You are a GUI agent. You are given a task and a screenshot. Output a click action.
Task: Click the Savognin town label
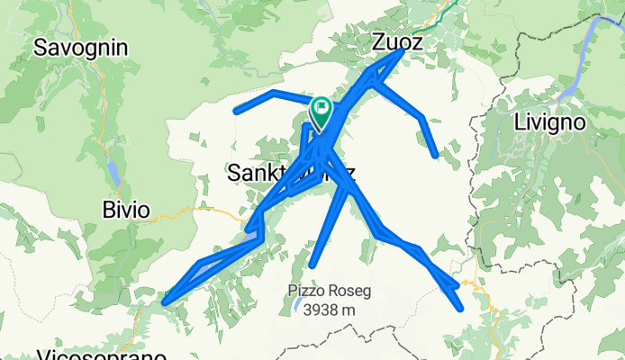point(81,47)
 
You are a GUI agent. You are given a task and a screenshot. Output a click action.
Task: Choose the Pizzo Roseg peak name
point(330,291)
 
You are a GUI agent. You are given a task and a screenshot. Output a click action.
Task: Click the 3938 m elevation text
point(330,310)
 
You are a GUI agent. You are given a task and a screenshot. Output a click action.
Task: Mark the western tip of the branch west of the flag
point(236,111)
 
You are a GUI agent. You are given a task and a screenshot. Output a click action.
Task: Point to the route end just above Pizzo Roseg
point(312,265)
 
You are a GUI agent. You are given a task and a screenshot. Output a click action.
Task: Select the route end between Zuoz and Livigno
point(436,156)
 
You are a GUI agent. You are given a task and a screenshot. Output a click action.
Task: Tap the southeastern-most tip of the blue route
point(461,309)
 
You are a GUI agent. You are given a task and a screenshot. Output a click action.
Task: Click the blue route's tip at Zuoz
point(400,52)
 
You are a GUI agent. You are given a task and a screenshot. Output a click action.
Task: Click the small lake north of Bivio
point(112,170)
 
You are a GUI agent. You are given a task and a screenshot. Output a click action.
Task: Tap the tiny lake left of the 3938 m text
point(296,308)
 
